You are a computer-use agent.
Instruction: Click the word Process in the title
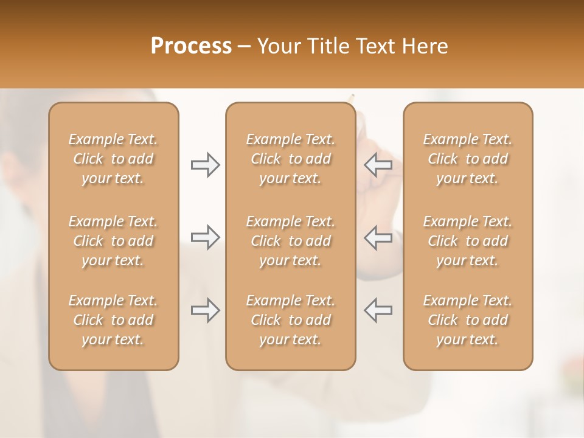coord(191,46)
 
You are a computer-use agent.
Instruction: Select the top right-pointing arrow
coord(205,165)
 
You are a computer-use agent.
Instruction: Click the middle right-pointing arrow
coord(205,237)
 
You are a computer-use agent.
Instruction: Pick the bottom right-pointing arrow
coord(205,310)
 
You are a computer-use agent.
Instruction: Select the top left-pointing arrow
coord(378,165)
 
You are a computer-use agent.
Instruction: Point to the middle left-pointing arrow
coord(378,237)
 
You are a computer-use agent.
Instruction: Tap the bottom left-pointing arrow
coord(378,310)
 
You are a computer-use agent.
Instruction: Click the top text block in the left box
coord(113,159)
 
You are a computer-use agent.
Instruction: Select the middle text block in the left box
coord(113,241)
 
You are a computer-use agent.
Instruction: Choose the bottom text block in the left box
coord(113,320)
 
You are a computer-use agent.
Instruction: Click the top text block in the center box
coord(291,159)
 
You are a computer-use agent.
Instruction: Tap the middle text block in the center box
coord(291,241)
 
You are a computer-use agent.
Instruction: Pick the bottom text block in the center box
coord(291,320)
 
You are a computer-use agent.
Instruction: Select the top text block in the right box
coord(468,159)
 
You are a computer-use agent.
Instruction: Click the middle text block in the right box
coord(468,241)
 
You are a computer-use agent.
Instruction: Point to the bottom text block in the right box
coord(468,320)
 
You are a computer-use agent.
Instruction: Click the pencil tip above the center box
coord(351,96)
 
